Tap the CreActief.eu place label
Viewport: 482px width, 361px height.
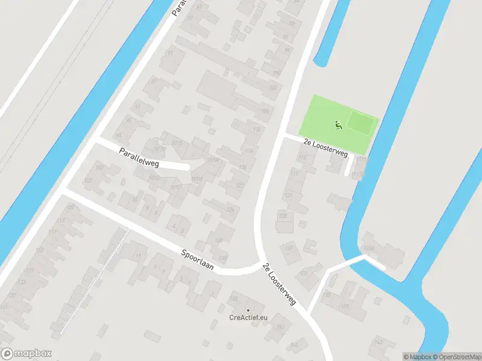point(248,318)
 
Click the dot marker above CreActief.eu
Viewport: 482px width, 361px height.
point(248,310)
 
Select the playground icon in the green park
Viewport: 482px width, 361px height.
point(338,125)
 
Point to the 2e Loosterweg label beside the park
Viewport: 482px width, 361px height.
point(326,149)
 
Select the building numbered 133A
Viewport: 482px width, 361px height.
point(369,248)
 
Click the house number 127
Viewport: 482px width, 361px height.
point(289,248)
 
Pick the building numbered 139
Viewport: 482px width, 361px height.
point(345,306)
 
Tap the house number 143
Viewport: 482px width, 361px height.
point(378,342)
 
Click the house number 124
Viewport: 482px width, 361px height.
point(230,210)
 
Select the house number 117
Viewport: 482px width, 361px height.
point(295,173)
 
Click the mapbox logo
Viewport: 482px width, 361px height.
point(27,354)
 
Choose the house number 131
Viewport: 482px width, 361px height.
point(304,274)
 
